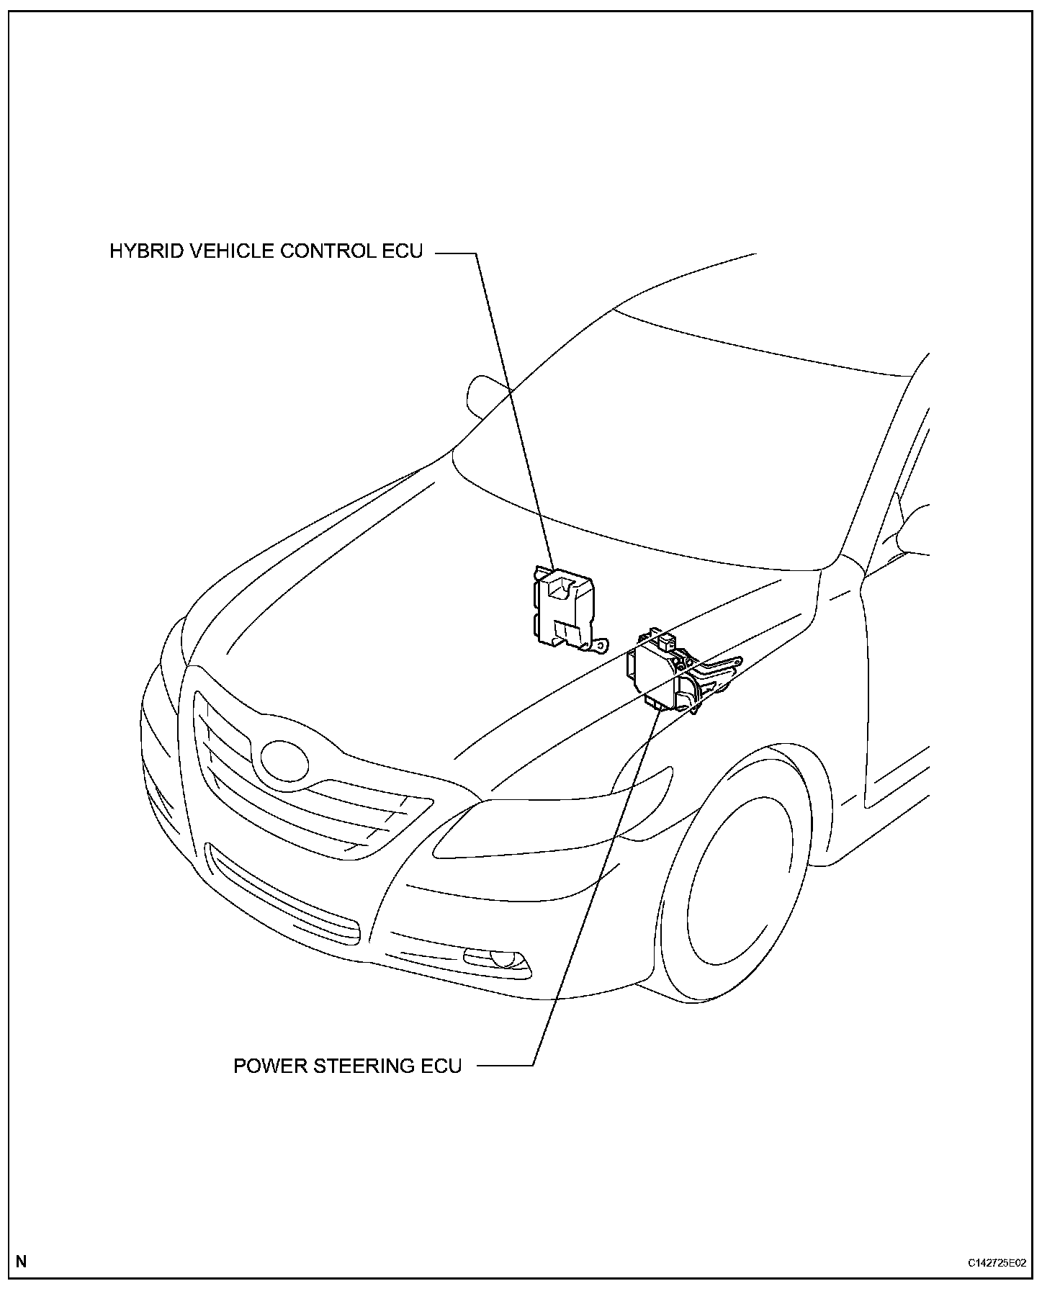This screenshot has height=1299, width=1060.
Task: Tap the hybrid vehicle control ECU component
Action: pos(562,608)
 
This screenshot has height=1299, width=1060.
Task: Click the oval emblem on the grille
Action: pos(284,760)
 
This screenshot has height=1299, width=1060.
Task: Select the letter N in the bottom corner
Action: pos(22,1261)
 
